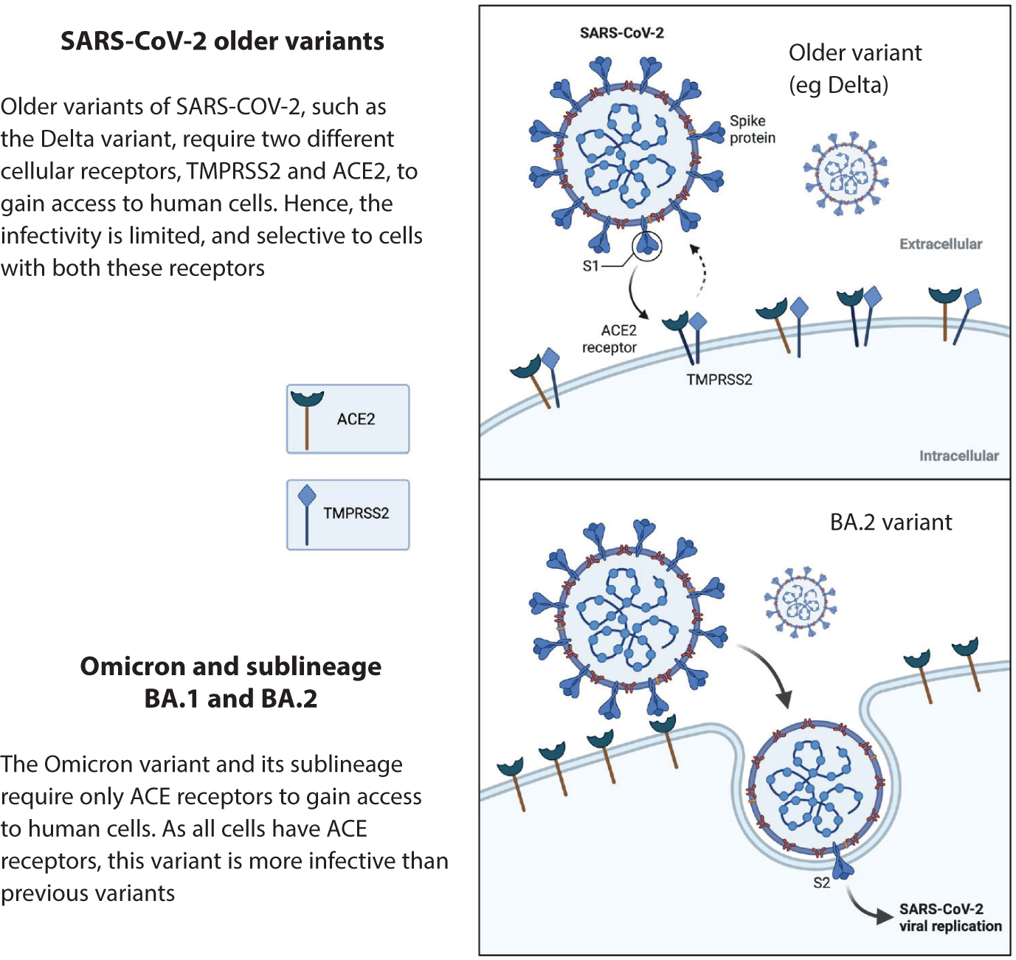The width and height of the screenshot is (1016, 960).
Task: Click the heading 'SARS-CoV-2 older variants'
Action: click(x=222, y=41)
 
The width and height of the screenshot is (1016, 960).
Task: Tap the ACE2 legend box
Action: click(x=348, y=419)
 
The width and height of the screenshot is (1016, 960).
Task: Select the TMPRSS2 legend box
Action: click(x=348, y=515)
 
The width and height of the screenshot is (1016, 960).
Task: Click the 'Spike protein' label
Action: click(x=752, y=129)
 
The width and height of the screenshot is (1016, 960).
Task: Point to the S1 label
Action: click(x=590, y=266)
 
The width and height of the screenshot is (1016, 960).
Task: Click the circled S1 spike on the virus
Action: click(x=647, y=246)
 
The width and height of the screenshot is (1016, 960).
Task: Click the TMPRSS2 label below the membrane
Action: click(x=719, y=379)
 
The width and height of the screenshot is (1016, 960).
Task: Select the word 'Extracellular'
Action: click(x=941, y=244)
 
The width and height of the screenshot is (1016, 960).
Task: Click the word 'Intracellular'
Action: click(x=958, y=455)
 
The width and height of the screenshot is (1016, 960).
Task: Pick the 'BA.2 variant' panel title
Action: click(x=891, y=522)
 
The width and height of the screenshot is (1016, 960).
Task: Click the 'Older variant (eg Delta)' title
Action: click(x=855, y=69)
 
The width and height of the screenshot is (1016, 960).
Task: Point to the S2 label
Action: click(x=822, y=883)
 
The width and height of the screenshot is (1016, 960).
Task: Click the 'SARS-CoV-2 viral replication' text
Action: click(x=950, y=917)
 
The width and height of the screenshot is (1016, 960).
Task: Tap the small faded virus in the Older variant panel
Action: click(x=846, y=173)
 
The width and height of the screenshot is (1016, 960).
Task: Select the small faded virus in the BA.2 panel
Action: click(x=801, y=602)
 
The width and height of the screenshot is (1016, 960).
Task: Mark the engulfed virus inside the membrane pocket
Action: click(x=817, y=789)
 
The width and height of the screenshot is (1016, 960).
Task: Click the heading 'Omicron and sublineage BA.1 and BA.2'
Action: click(x=231, y=682)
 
